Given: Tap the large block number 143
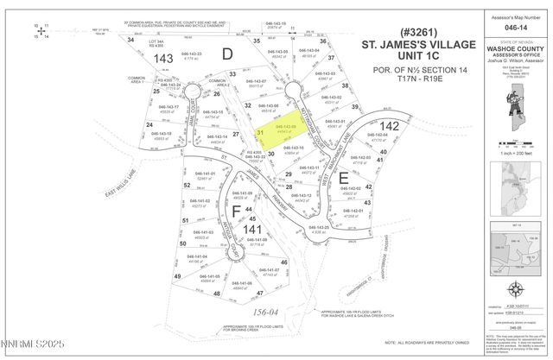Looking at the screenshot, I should [x=162, y=57].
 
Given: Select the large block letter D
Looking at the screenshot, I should [x=228, y=54].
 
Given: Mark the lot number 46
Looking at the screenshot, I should [x=283, y=262].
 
